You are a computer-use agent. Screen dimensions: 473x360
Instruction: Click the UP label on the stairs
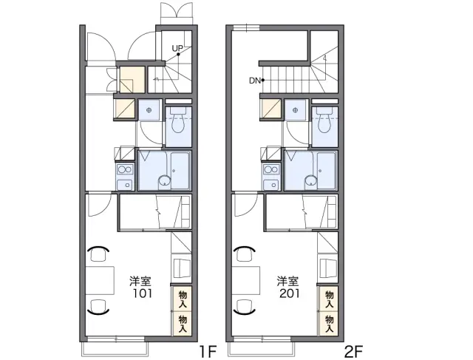[177, 48]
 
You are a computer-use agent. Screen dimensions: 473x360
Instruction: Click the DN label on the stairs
[254, 81]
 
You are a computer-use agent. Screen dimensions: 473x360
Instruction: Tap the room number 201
[289, 293]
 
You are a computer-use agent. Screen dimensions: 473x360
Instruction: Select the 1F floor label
[208, 351]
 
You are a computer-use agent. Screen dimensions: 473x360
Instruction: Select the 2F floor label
[353, 351]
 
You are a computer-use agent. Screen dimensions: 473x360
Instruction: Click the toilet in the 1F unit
[179, 120]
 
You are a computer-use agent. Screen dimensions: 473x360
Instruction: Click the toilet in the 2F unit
[324, 120]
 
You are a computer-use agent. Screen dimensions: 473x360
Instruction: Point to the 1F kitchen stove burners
[125, 169]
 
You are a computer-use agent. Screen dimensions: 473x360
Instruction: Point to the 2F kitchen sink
[271, 185]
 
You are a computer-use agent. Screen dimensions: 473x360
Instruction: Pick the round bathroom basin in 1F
[164, 181]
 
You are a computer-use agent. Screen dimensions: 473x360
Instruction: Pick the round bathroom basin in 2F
[310, 181]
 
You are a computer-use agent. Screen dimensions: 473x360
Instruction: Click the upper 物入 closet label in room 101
[183, 299]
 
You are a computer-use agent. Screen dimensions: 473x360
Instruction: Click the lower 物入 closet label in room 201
[329, 323]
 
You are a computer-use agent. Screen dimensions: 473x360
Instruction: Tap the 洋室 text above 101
[140, 281]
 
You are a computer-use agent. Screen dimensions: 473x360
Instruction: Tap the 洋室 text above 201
[288, 281]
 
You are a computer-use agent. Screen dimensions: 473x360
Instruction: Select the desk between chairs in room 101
[100, 280]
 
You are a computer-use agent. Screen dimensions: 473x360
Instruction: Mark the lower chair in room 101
[98, 306]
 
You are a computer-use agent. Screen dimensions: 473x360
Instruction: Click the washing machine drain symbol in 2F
[296, 110]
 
